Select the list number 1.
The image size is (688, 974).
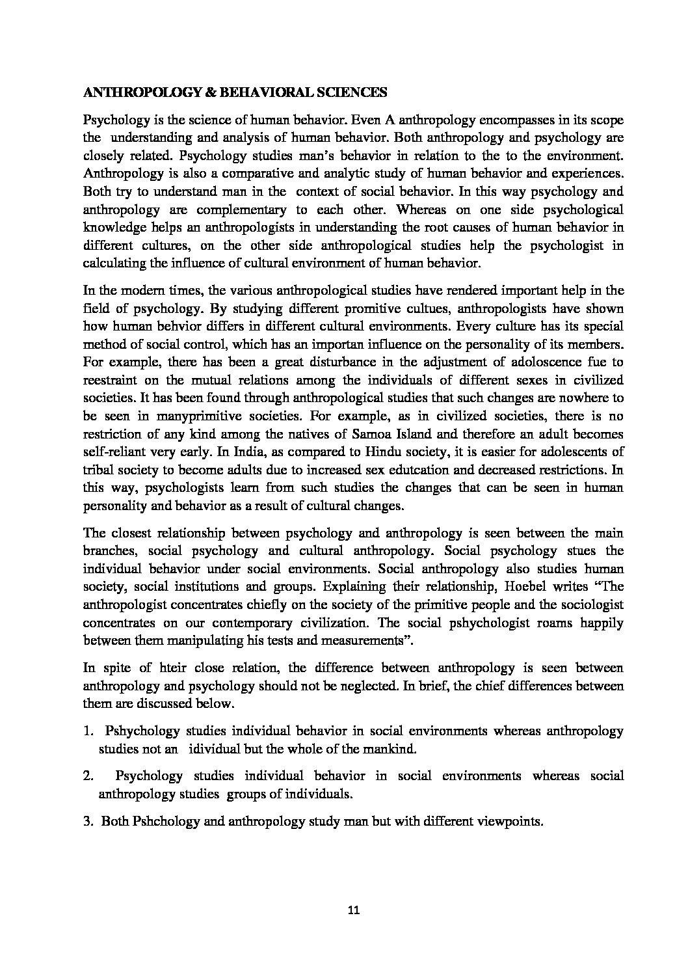(88, 731)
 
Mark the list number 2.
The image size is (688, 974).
(88, 776)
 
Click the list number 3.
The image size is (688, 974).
(88, 821)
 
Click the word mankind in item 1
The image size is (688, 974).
(389, 749)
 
